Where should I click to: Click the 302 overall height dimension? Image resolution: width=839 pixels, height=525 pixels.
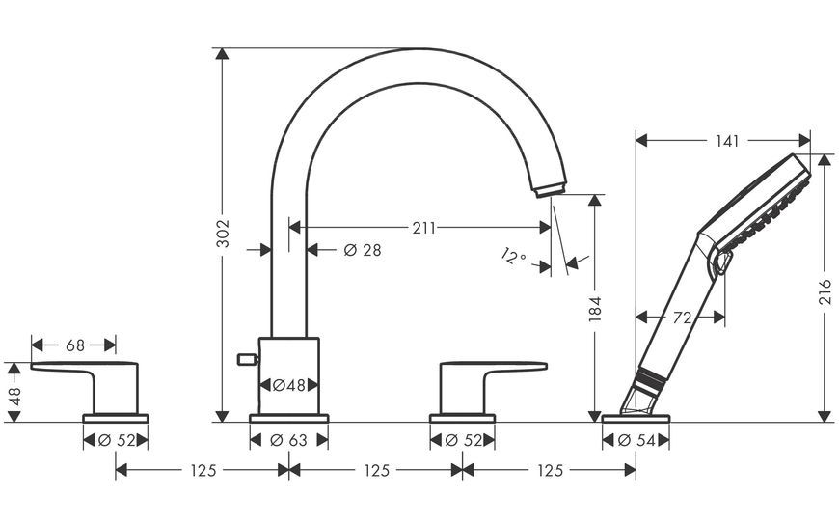coord(223,234)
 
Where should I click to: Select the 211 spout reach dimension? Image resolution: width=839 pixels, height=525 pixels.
coord(423,228)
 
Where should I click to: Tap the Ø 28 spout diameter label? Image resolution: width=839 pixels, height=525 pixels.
coord(363,250)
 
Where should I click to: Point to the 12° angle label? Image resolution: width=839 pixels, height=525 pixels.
coord(514,256)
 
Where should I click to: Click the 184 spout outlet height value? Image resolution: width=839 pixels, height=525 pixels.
coord(595,309)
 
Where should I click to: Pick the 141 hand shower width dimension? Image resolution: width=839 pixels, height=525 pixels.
coord(727,141)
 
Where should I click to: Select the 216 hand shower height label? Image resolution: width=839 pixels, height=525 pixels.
coord(825,291)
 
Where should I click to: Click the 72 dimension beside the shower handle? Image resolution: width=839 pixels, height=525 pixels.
coord(682,318)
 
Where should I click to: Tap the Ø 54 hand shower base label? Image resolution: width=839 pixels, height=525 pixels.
coord(636,440)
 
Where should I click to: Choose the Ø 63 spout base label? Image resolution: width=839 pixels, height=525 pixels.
coord(289,440)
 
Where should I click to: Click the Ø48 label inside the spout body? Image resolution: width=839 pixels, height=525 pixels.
coord(289,385)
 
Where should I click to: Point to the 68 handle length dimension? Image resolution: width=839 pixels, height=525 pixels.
coord(75,345)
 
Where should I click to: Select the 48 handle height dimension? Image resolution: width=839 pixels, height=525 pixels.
coord(14,397)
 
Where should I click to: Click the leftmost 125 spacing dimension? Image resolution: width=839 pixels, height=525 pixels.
coord(203,470)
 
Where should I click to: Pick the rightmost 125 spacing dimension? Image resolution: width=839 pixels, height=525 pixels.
coord(550,470)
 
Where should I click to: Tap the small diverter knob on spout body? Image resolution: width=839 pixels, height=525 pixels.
coord(248,359)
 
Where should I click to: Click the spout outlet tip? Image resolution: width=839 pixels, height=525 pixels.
coord(549,191)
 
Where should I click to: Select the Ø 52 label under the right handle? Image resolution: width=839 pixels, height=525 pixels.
coord(463,440)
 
